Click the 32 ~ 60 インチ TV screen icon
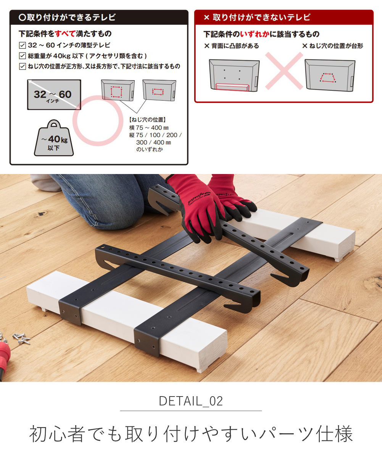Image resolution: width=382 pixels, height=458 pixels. tap(54, 95)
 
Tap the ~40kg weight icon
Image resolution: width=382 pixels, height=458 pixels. tap(54, 138)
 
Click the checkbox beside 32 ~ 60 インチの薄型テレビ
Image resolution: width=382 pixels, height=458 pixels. tap(23, 45)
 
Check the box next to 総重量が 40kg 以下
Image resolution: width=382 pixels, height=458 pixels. tap(23, 56)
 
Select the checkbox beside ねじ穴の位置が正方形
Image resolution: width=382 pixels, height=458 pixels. tap(23, 66)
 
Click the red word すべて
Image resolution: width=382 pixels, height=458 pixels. tap(65, 34)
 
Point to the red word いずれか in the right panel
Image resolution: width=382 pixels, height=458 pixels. tap(255, 34)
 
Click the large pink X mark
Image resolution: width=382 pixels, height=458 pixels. tap(284, 71)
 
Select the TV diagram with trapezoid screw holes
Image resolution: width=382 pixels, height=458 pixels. tap(330, 75)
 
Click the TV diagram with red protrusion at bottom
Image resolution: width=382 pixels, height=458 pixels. tap(234, 75)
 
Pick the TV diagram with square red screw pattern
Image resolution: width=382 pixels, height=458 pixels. tap(118, 90)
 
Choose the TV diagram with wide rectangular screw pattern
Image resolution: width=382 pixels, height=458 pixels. tap(159, 90)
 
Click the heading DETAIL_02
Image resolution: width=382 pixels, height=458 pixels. tap(191, 401)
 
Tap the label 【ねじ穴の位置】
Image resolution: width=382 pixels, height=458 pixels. tap(147, 120)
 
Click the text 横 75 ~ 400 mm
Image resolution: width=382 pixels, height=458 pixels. tap(149, 127)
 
